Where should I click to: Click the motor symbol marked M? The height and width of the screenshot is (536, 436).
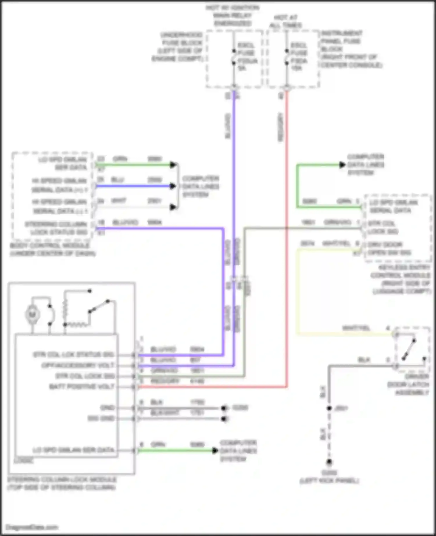pyautogui.click(x=32, y=314)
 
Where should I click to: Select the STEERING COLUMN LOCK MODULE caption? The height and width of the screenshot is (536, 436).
pyautogui.click(x=62, y=483)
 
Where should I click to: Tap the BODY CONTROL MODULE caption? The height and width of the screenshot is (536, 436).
pyautogui.click(x=52, y=249)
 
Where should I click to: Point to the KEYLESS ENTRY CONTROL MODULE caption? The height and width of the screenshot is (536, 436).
pyautogui.click(x=401, y=279)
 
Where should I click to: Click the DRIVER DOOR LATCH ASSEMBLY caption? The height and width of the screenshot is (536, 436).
pyautogui.click(x=408, y=384)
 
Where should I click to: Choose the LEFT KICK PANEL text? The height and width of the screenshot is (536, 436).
pyautogui.click(x=329, y=481)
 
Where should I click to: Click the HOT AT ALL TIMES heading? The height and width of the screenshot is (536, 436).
pyautogui.click(x=285, y=21)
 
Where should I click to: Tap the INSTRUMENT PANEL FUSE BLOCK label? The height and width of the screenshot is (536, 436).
pyautogui.click(x=351, y=49)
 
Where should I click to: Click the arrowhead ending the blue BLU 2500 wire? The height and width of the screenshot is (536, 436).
pyautogui.click(x=173, y=186)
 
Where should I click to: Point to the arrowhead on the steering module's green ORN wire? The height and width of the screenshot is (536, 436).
pyautogui.click(x=215, y=451)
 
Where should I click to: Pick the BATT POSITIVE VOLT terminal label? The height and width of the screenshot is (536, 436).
pyautogui.click(x=82, y=387)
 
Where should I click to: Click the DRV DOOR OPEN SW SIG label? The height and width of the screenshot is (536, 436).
pyautogui.click(x=389, y=249)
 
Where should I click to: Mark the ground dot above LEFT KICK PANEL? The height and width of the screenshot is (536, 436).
pyautogui.click(x=329, y=462)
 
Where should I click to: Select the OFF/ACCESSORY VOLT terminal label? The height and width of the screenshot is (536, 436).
pyautogui.click(x=78, y=365)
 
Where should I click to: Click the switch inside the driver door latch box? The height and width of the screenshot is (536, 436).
pyautogui.click(x=409, y=350)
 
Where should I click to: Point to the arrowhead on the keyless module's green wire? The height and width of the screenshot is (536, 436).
pyautogui.click(x=342, y=165)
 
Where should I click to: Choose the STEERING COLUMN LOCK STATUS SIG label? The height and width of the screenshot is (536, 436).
pyautogui.click(x=56, y=228)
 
